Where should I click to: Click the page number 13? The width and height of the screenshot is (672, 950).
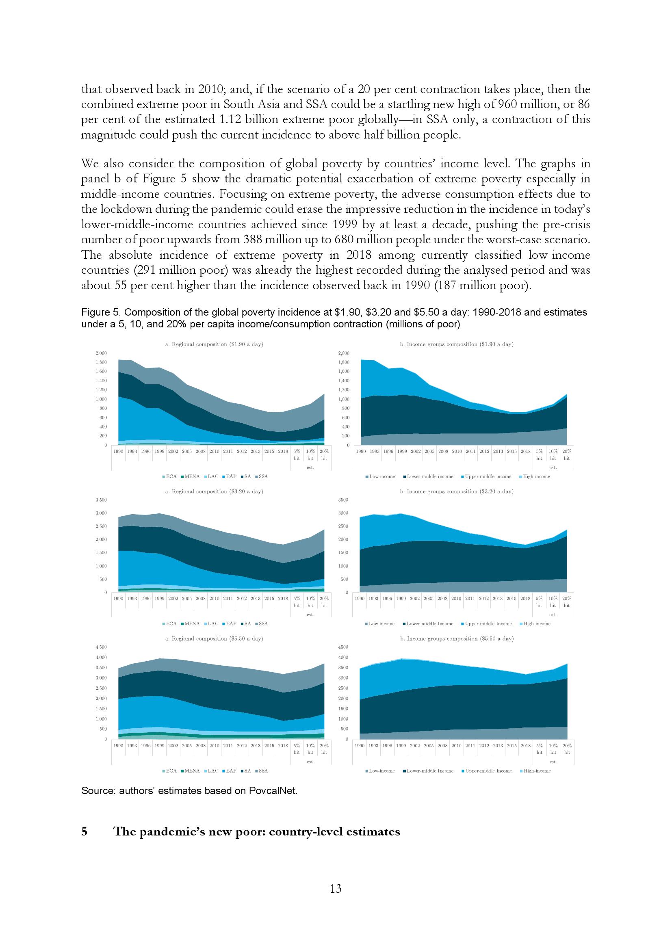click(x=336, y=888)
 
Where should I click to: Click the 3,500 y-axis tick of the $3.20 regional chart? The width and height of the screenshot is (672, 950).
click(x=102, y=500)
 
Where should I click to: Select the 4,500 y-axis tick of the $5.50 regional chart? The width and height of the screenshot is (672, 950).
click(x=102, y=647)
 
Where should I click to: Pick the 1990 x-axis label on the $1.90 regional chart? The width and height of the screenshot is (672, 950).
click(x=118, y=451)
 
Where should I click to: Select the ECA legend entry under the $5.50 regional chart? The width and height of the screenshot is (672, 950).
click(x=169, y=770)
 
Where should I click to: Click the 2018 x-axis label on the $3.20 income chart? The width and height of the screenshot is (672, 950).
click(x=525, y=598)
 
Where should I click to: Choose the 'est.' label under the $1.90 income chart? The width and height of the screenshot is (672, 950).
click(x=553, y=467)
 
